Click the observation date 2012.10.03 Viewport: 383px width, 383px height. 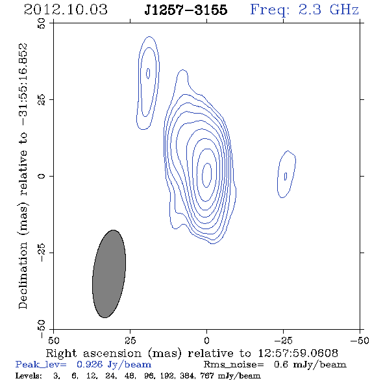pyautogui.click(x=66, y=10)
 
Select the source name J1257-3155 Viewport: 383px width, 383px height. pyautogui.click(x=186, y=10)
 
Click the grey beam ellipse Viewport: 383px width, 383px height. pyautogui.click(x=109, y=274)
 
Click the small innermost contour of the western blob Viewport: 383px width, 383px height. pyautogui.click(x=285, y=176)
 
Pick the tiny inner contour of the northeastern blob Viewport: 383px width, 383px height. pyautogui.click(x=148, y=73)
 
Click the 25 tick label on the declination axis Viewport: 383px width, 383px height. pyautogui.click(x=42, y=99)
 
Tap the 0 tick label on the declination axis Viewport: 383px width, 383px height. pyautogui.click(x=42, y=176)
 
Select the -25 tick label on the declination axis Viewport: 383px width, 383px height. pyautogui.click(x=42, y=253)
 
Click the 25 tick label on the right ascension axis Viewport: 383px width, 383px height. pyautogui.click(x=130, y=340)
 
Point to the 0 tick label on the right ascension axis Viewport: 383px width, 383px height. pyautogui.click(x=206, y=340)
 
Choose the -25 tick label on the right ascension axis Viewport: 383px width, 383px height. pyautogui.click(x=283, y=340)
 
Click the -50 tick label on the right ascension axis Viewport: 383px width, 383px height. pyautogui.click(x=360, y=340)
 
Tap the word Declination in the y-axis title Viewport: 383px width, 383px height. pyautogui.click(x=23, y=275)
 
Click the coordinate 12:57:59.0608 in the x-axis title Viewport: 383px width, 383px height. pyautogui.click(x=298, y=353)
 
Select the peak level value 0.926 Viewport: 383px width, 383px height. pyautogui.click(x=90, y=364)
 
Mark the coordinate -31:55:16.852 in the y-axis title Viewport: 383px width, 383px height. pyautogui.click(x=23, y=85)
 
